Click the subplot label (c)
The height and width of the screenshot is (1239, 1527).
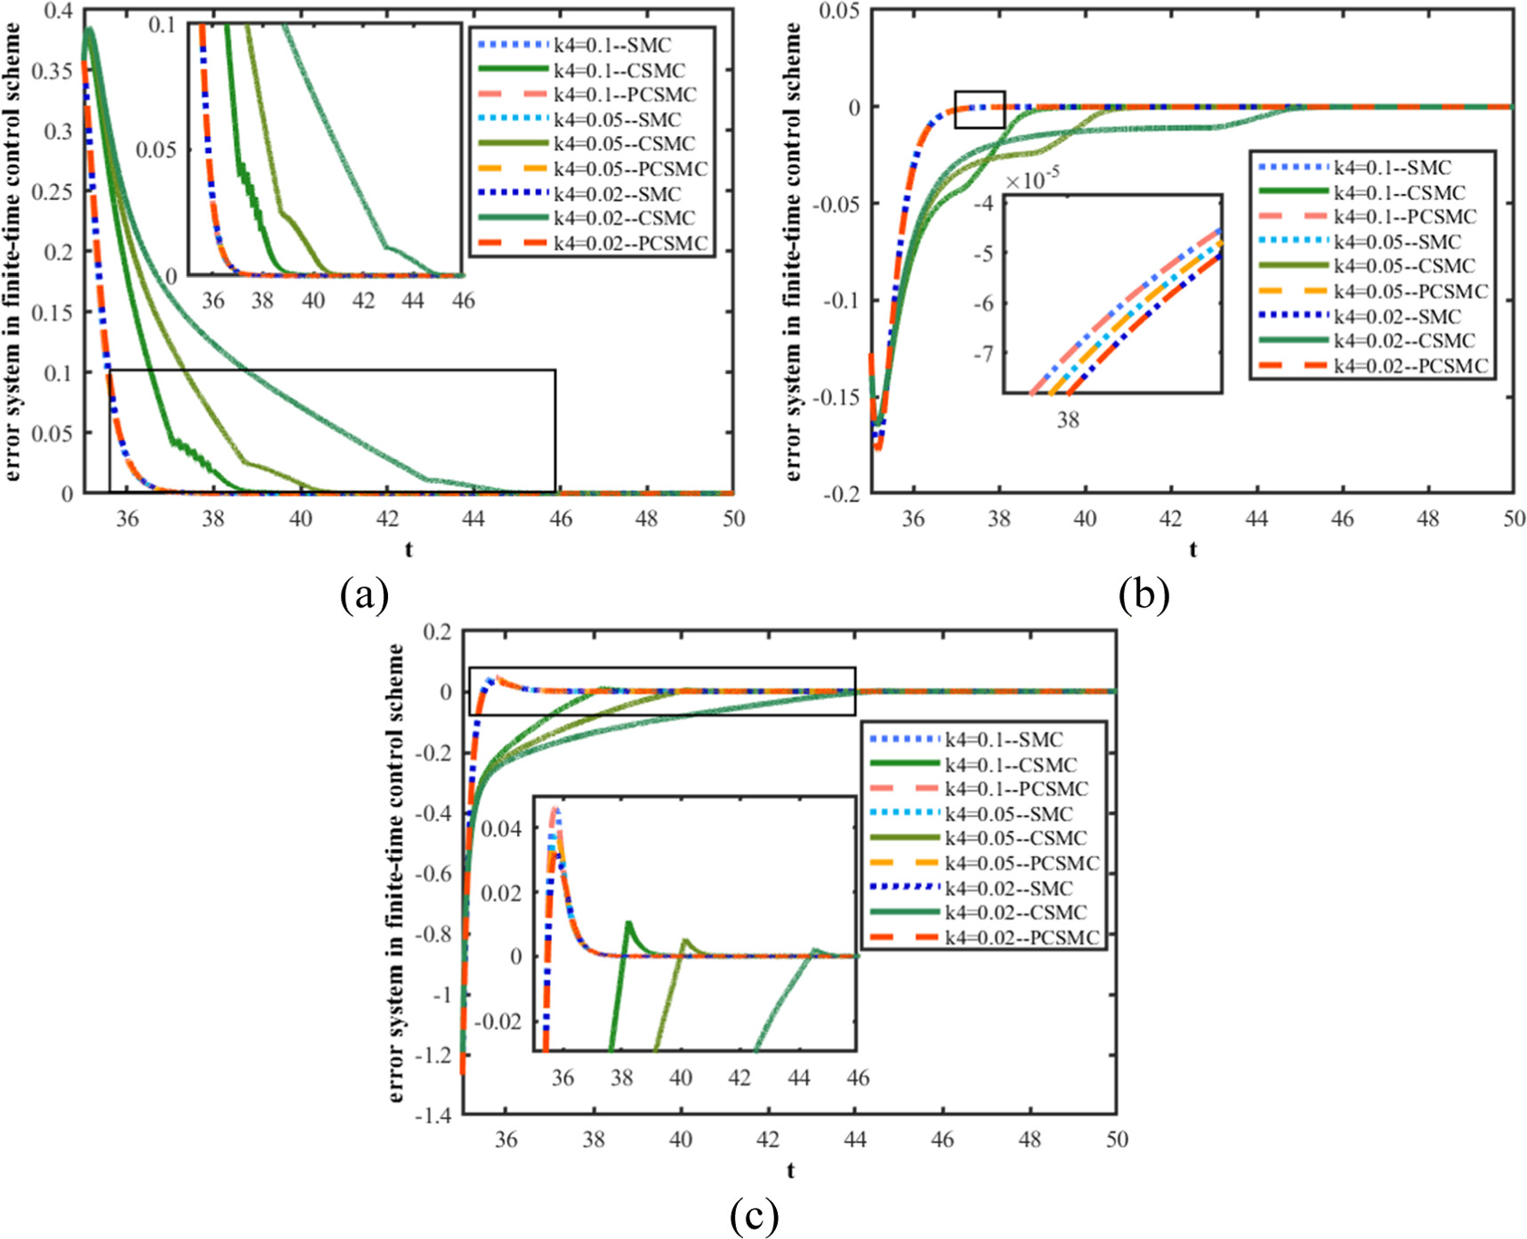(x=754, y=1215)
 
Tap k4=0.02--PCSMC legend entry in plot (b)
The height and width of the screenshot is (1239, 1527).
(x=1410, y=366)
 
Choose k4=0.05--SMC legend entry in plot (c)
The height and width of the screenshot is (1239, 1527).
(x=1008, y=814)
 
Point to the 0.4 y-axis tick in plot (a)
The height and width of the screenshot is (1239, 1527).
(x=58, y=12)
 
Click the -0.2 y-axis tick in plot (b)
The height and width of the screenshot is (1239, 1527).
(x=841, y=494)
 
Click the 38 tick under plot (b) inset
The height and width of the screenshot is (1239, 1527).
(x=1068, y=419)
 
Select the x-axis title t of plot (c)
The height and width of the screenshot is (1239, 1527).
(x=790, y=1170)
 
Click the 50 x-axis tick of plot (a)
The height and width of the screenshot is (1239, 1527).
(x=733, y=519)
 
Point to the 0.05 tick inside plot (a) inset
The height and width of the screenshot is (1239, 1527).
(x=156, y=150)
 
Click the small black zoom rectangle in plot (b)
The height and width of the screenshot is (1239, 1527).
(x=980, y=109)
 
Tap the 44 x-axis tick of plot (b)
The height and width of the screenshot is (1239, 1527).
(x=1256, y=519)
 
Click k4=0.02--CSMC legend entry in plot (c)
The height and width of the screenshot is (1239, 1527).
(x=1014, y=913)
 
